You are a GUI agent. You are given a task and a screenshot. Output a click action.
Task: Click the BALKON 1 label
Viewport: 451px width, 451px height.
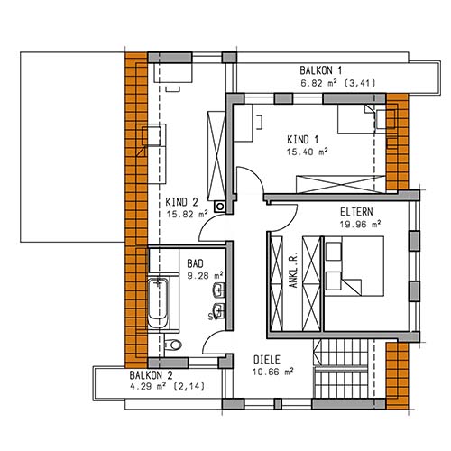click(x=320, y=70)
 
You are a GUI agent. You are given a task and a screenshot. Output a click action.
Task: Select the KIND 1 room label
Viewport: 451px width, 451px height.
click(x=302, y=140)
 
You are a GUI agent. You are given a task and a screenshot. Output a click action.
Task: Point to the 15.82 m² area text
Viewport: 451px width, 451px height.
click(x=187, y=214)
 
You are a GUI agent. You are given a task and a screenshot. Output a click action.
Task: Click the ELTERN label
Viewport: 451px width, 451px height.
click(x=356, y=212)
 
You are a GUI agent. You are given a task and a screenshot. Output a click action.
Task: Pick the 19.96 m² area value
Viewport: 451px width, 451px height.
click(x=361, y=225)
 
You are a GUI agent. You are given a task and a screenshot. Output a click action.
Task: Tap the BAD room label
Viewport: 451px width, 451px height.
click(x=195, y=263)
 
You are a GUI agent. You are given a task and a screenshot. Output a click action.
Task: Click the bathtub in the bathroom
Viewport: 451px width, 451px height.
click(x=158, y=303)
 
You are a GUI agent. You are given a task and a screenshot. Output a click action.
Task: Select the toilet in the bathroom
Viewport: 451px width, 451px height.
click(x=172, y=345)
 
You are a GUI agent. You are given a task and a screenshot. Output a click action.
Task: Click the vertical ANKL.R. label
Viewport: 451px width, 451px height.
click(x=293, y=271)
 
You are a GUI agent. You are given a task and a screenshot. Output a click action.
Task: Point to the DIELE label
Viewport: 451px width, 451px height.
click(x=267, y=360)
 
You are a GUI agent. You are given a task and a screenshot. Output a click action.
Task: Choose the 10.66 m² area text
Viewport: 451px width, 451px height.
click(x=272, y=372)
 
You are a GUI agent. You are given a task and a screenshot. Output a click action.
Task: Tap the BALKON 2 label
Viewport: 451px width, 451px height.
click(x=151, y=375)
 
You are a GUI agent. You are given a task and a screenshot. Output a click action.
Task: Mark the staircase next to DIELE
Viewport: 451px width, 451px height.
click(x=341, y=369)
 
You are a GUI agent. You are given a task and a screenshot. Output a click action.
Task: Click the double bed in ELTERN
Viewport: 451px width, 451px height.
click(x=354, y=266)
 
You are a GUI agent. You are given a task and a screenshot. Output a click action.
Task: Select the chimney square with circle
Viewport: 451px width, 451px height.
click(x=220, y=207)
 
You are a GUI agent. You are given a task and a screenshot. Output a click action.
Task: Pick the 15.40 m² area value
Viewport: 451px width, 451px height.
click(x=307, y=152)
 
